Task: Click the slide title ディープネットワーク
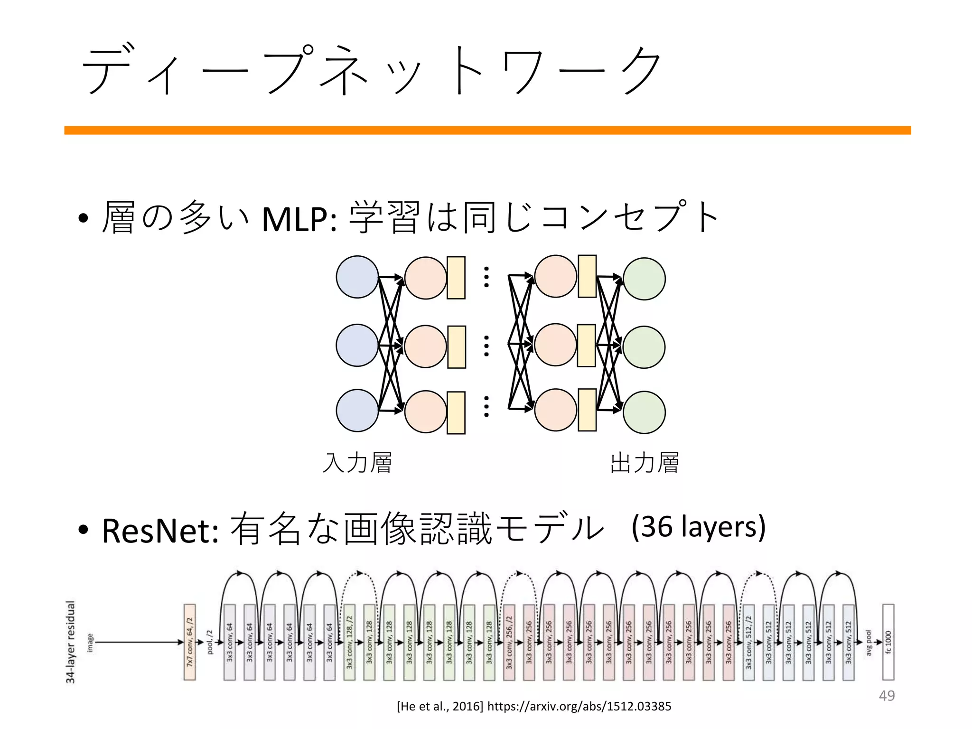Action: pos(370,70)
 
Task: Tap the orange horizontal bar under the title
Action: pos(487,131)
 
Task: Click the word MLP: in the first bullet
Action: pos(299,219)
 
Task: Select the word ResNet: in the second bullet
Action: pos(160,530)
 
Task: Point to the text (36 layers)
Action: pos(699,527)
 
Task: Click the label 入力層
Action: pos(357,463)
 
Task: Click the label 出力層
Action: pos(644,463)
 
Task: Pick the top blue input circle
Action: pos(357,277)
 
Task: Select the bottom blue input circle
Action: pos(357,411)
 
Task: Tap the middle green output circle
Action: pos(644,347)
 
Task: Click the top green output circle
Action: pos(644,279)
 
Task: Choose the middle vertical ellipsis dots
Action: pos(486,346)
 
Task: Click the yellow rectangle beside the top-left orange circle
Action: pos(456,278)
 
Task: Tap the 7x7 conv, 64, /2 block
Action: pos(190,642)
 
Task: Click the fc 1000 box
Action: pos(888,642)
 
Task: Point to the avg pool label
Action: pos(869,643)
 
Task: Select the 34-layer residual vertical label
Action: pos(71,642)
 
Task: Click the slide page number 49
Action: pos(887,695)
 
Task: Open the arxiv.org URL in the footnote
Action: pos(579,706)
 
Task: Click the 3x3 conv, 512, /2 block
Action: pos(748,642)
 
